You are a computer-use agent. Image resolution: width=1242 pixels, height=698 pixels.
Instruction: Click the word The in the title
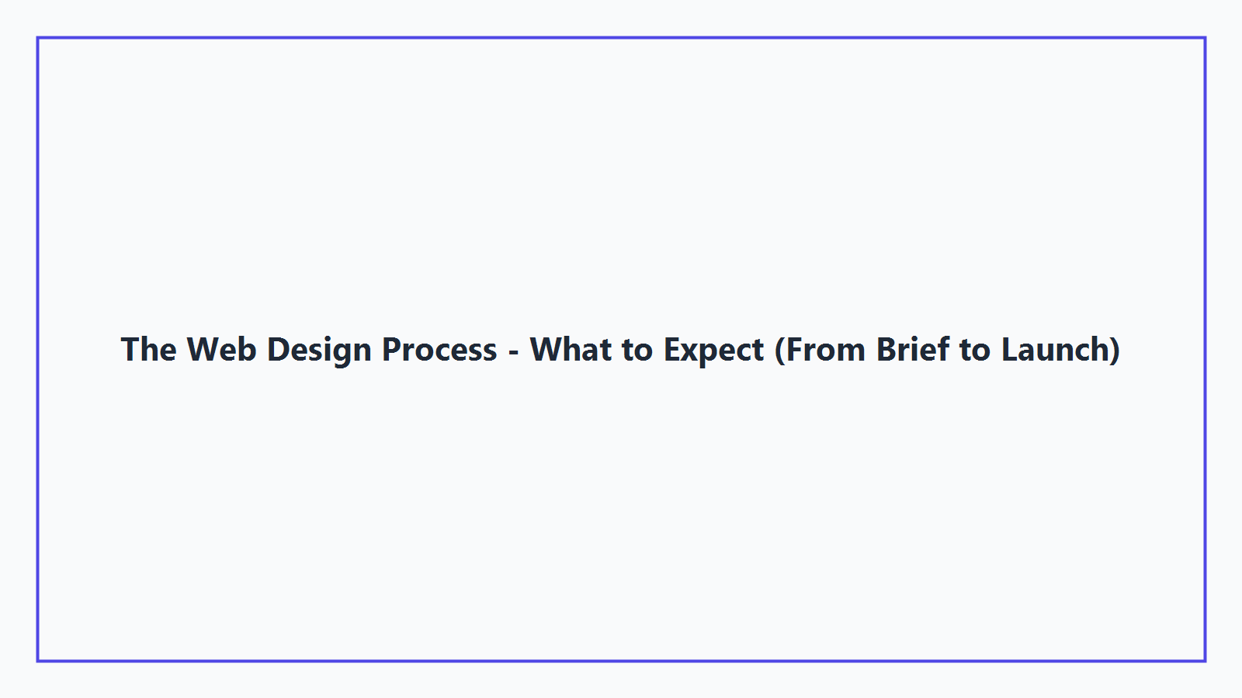[x=148, y=350]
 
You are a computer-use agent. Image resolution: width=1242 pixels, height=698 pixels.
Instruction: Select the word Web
[x=221, y=350]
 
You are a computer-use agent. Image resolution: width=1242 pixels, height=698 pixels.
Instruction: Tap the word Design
[x=319, y=351]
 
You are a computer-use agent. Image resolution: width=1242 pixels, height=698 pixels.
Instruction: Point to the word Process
[x=439, y=350]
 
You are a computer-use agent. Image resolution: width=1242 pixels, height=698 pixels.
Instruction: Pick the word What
[x=571, y=350]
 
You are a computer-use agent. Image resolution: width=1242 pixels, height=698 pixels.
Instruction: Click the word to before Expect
[x=637, y=351]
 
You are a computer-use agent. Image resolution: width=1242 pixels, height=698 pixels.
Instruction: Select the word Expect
[x=713, y=351]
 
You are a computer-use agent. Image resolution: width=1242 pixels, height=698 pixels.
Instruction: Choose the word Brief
[x=913, y=350]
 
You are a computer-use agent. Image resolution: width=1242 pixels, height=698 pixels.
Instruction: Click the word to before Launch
[x=975, y=351]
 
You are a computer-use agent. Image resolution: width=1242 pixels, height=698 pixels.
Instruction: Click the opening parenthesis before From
[x=780, y=350]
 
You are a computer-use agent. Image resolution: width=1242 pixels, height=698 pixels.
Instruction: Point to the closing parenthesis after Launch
[x=1115, y=350]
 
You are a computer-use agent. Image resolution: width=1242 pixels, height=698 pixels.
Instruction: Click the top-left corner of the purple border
[x=38, y=38]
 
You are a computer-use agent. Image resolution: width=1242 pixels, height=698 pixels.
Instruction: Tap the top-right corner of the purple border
[x=1205, y=38]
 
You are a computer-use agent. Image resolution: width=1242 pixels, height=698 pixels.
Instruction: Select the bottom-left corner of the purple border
[x=38, y=661]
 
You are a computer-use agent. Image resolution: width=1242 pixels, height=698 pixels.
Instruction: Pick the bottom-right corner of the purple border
[x=1205, y=661]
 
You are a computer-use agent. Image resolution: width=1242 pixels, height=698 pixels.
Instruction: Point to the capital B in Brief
[x=886, y=350]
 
